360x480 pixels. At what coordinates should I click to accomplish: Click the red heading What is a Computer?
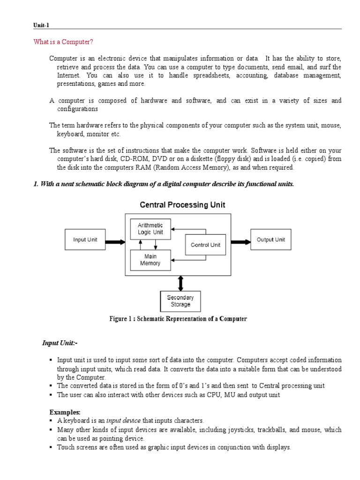click(63, 42)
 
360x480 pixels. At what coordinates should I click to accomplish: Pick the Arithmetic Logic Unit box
click(150, 229)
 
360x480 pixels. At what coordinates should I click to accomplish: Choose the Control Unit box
click(205, 245)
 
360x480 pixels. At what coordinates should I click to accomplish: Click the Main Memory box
click(150, 260)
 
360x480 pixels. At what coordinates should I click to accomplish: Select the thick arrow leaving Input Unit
click(115, 242)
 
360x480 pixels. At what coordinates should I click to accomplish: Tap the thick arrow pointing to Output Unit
click(240, 242)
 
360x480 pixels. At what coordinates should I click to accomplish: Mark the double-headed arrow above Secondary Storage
click(180, 283)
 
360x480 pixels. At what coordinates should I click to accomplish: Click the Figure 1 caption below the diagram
click(178, 319)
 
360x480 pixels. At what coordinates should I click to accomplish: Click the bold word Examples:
click(65, 412)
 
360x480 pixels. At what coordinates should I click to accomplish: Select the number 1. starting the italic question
click(36, 184)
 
